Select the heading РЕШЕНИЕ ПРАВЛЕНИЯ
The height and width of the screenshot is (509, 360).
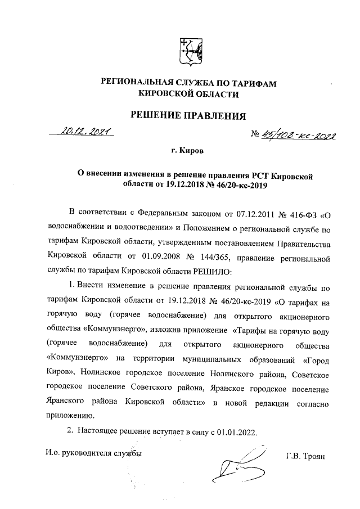pyautogui.click(x=188, y=116)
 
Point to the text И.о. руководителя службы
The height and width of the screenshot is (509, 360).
pyautogui.click(x=93, y=453)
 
